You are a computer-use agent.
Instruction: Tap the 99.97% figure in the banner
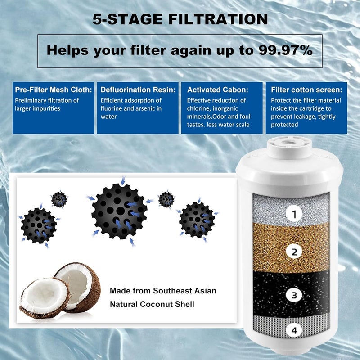click(285, 50)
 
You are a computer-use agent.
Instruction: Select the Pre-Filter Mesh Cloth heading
click(53, 90)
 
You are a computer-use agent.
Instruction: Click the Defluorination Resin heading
click(137, 90)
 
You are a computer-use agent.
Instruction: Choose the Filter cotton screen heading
click(309, 90)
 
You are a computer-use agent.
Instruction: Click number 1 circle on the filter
click(294, 214)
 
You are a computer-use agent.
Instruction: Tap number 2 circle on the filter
click(294, 252)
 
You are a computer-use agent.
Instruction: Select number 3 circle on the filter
click(294, 296)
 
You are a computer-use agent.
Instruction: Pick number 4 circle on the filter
click(294, 331)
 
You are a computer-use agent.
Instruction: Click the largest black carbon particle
click(119, 211)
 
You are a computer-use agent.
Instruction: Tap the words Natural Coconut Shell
click(152, 305)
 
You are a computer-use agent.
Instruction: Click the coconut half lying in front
click(44, 297)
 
